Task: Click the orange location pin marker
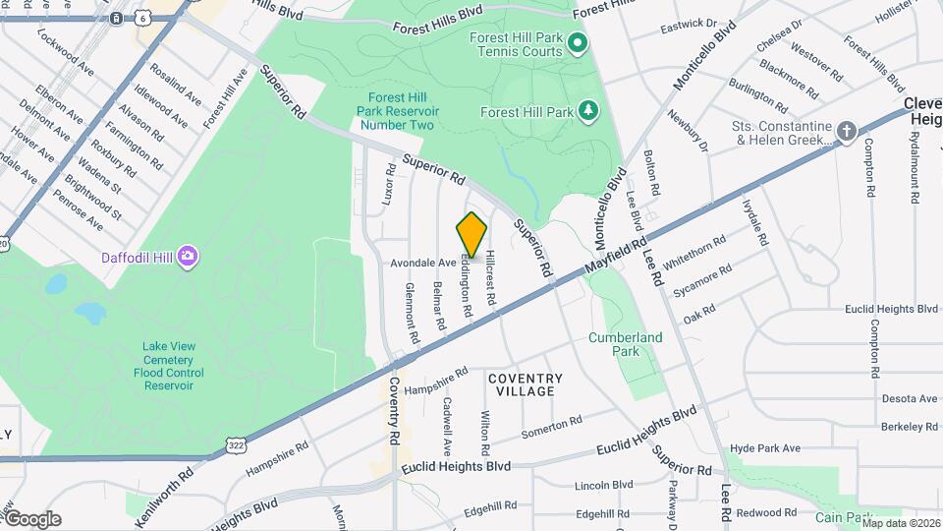(471, 234)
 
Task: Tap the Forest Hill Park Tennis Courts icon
(578, 42)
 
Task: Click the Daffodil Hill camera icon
(188, 258)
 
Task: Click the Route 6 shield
(143, 18)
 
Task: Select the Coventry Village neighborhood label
(526, 384)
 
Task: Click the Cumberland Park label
(626, 343)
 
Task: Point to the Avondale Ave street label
(423, 263)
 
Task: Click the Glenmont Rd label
(413, 313)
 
